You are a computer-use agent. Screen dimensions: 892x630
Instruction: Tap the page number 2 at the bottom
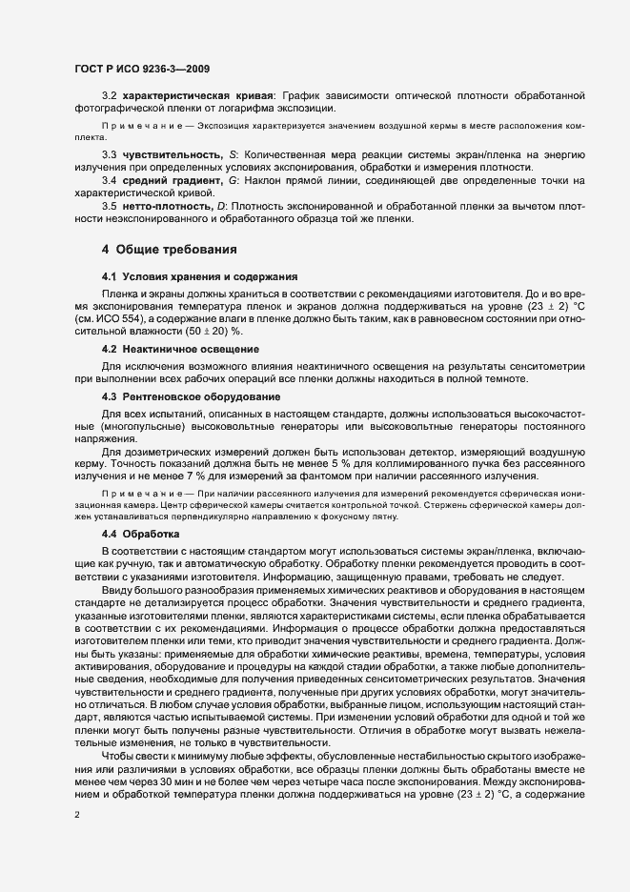pyautogui.click(x=76, y=816)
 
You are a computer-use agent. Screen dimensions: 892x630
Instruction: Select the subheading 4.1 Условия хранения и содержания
pyautogui.click(x=187, y=275)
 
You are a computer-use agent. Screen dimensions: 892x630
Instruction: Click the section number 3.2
pyautogui.click(x=109, y=98)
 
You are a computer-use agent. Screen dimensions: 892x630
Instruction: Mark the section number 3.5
pyautogui.click(x=109, y=208)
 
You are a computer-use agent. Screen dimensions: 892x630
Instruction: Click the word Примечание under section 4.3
pyautogui.click(x=133, y=493)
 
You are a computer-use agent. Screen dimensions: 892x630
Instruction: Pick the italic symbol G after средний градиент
pyautogui.click(x=233, y=181)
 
